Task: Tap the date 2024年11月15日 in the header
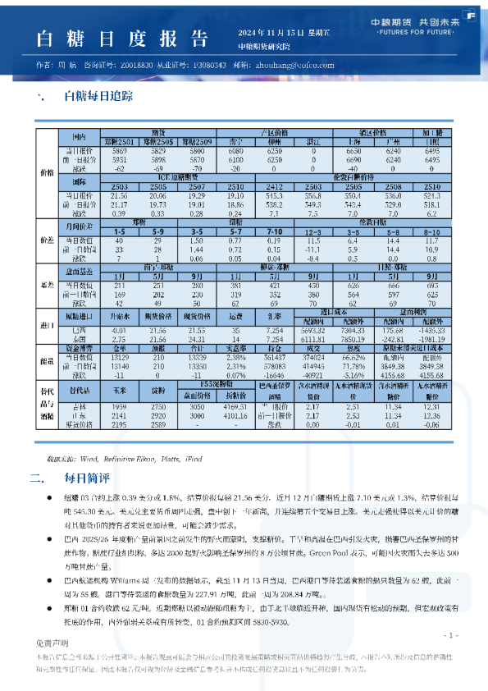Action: coord(267,32)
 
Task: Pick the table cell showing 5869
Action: coord(120,152)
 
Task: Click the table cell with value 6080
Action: coord(236,152)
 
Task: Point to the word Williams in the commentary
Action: coord(155,579)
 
